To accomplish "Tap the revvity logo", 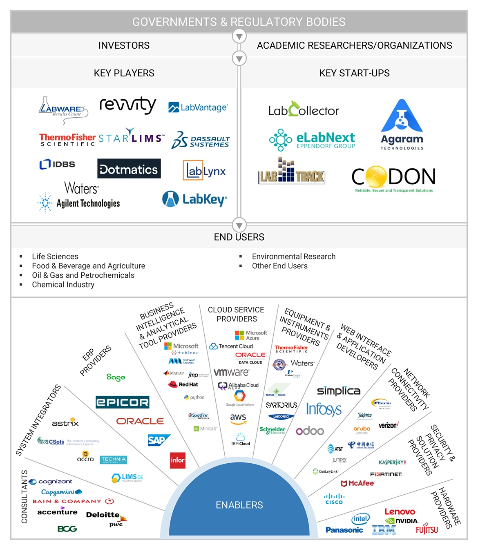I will point(128,105).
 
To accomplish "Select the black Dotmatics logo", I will point(129,169).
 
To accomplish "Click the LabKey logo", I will point(194,199).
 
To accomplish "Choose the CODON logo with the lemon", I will point(393,178).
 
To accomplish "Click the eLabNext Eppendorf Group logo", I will point(313,139).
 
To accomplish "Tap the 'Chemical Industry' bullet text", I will point(63,285).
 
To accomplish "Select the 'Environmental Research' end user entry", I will point(294,257).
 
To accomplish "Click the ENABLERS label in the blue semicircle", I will point(239,505).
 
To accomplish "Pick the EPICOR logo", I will point(122,402).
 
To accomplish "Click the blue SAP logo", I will point(159,440).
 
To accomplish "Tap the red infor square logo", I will point(178,460).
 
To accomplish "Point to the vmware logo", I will point(231,372).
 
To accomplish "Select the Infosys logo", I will point(324,409).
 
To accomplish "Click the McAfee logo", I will point(357,483).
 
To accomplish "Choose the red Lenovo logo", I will point(400,511).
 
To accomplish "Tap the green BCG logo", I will point(67,529).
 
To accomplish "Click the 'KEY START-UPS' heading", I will point(354,73).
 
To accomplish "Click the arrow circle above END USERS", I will point(239,225).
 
